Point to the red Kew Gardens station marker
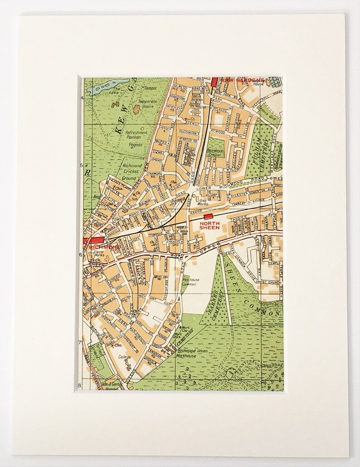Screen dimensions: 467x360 tap(214, 82)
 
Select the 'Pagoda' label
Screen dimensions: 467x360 tap(135, 145)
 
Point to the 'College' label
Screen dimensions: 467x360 tap(124, 357)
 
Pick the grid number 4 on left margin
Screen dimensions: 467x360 tap(82, 98)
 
